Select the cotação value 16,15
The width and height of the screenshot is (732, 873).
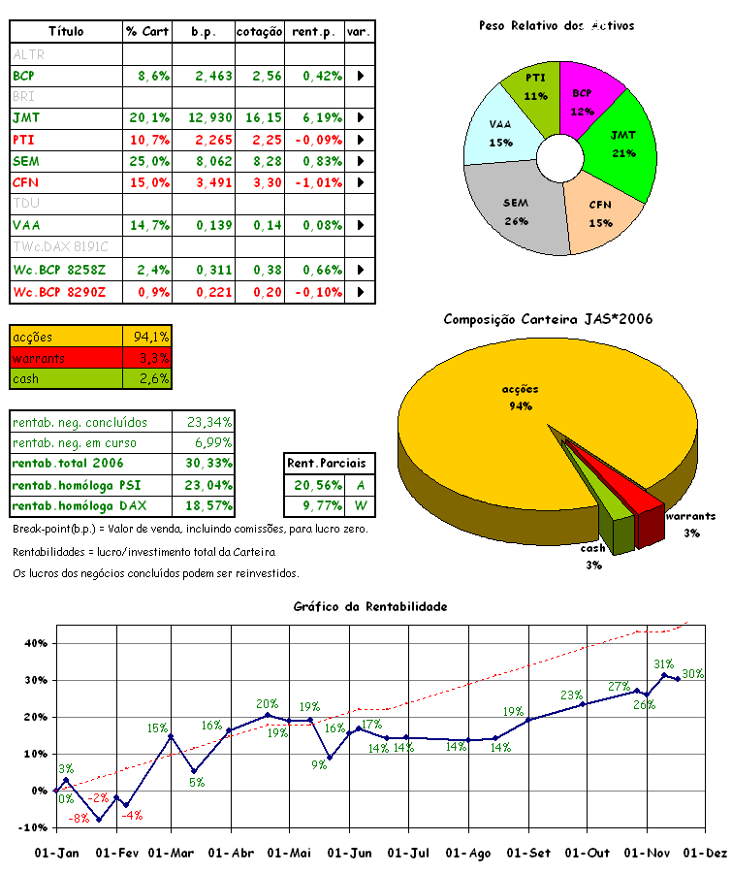[259, 117]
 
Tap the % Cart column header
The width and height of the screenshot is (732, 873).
[147, 32]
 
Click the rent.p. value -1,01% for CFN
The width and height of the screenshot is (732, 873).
[315, 182]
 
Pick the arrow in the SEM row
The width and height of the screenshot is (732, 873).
[361, 161]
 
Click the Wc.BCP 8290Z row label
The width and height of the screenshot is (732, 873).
[59, 292]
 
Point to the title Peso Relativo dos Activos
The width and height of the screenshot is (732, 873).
[557, 26]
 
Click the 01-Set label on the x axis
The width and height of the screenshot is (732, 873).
[528, 853]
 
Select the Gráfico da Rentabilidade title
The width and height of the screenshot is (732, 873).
[370, 606]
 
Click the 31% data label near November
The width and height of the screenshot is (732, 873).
[663, 664]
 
